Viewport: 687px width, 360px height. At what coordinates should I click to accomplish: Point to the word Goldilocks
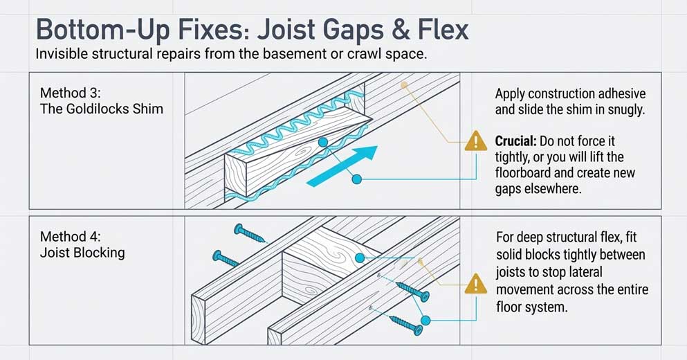tap(95, 109)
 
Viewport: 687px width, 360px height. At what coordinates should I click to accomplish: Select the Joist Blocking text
tap(82, 252)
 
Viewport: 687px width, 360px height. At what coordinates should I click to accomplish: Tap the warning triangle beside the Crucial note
tap(475, 142)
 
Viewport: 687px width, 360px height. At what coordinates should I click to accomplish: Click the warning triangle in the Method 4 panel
tap(475, 284)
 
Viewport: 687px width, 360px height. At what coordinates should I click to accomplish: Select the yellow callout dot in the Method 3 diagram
tap(405, 85)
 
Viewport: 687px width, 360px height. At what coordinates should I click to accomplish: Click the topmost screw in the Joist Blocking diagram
tap(248, 233)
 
